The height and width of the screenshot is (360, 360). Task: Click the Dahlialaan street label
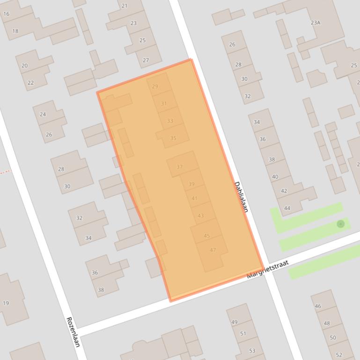(x=241, y=197)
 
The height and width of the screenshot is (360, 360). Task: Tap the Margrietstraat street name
(x=268, y=270)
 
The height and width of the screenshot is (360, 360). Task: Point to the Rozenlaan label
(x=73, y=332)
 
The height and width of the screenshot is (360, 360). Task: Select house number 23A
(x=316, y=22)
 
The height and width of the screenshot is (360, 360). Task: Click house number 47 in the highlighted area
(x=213, y=250)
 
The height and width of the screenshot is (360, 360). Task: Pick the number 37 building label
(x=180, y=167)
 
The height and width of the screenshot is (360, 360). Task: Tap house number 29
(x=155, y=86)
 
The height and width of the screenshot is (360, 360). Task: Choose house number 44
(x=287, y=209)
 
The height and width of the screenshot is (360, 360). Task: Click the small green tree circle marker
(x=341, y=224)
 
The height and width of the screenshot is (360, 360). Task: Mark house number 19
(x=6, y=303)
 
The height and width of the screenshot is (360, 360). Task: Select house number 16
(x=6, y=14)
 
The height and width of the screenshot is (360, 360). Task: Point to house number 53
(x=252, y=351)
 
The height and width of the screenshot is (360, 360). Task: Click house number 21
(x=124, y=6)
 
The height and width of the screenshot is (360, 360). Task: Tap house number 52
(x=339, y=355)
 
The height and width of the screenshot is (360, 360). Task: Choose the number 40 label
(x=275, y=177)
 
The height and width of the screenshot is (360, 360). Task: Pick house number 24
(x=43, y=114)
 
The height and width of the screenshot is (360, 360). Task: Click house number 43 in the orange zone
(x=201, y=216)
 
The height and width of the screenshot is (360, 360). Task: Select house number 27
(x=146, y=60)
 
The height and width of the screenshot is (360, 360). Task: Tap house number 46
(x=318, y=306)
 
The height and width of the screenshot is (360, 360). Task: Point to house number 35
(x=173, y=138)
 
